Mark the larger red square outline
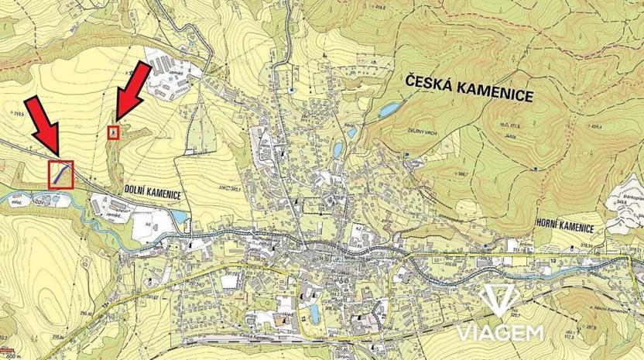[x=60, y=174]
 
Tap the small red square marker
[x=114, y=132]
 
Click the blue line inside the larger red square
[x=59, y=175]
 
